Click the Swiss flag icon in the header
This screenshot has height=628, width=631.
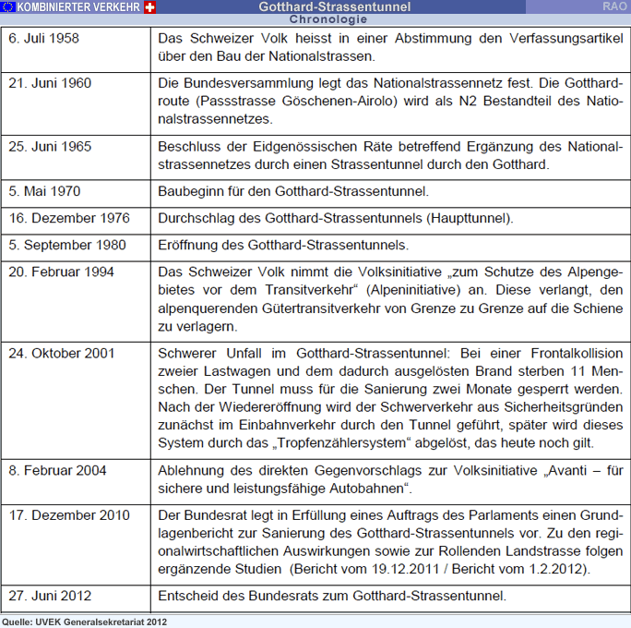[151, 6]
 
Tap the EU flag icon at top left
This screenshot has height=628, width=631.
[8, 6]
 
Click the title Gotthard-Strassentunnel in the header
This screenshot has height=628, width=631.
[322, 6]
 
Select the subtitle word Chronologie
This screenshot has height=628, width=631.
[322, 18]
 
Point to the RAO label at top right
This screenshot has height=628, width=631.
[615, 6]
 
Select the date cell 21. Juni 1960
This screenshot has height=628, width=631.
[50, 83]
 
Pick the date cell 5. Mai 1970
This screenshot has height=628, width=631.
[44, 191]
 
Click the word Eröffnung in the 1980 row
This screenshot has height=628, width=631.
[190, 246]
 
